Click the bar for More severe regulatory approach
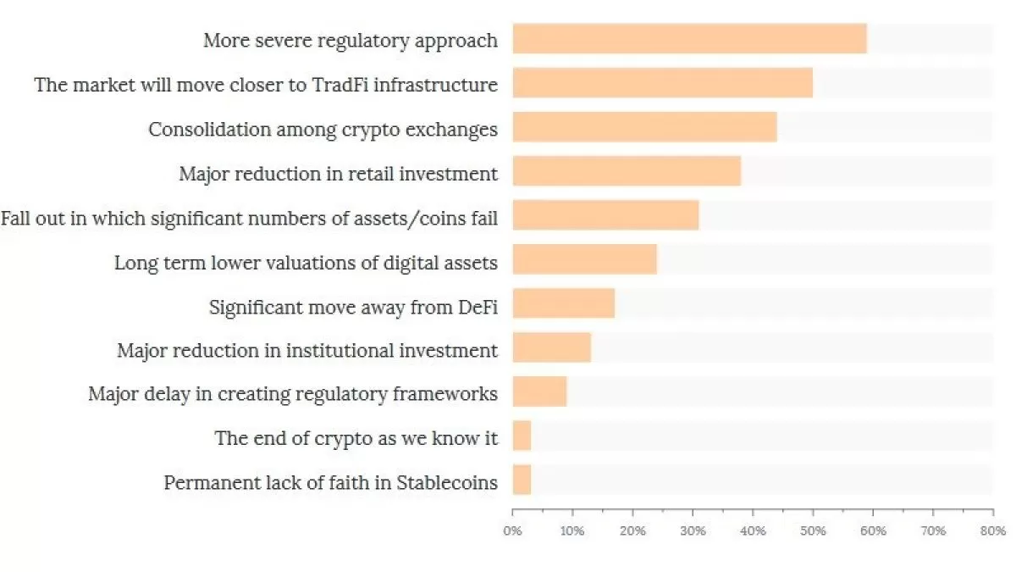point(689,39)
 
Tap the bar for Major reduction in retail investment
point(627,171)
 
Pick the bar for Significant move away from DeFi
point(563,303)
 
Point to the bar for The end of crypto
point(522,436)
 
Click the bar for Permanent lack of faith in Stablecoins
point(522,480)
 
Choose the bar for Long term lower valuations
point(584,259)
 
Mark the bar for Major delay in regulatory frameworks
point(539,392)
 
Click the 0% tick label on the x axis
point(512,531)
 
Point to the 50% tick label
point(813,531)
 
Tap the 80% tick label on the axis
point(993,531)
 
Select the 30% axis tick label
point(693,531)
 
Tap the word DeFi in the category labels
point(478,307)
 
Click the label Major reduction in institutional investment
point(307,351)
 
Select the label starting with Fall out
point(249,219)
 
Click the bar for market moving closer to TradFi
point(662,83)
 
